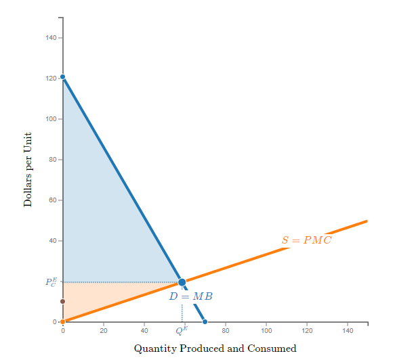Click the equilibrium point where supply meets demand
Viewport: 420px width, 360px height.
(x=182, y=282)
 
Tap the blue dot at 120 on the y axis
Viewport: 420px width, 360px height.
(x=62, y=77)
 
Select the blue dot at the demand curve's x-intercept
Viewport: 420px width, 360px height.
(x=205, y=321)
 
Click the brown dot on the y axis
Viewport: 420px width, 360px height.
(x=62, y=301)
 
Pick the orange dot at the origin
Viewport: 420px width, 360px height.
(x=62, y=321)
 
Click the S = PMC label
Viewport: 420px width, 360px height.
(x=306, y=240)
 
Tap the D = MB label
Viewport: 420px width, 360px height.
(x=191, y=296)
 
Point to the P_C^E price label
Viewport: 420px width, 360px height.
(x=51, y=282)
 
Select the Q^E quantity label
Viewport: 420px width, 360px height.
(x=182, y=330)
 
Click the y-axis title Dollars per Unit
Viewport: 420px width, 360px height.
(x=28, y=170)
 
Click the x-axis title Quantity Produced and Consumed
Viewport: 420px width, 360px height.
(x=215, y=348)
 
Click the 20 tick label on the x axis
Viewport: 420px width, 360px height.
(x=103, y=330)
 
